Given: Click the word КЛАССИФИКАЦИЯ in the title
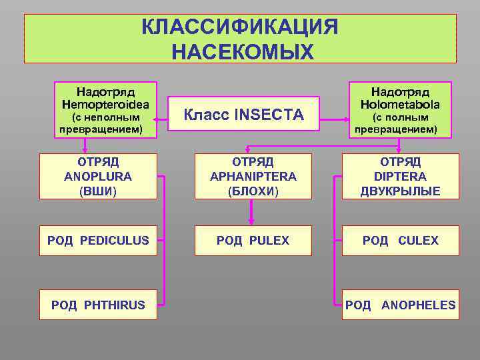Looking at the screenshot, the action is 240,28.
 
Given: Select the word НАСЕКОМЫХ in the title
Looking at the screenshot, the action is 241,51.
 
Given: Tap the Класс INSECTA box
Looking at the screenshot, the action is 243,115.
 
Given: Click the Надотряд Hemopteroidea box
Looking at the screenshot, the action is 105,109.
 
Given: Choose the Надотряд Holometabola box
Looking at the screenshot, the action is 400,109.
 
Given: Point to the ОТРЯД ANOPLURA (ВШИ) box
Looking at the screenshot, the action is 98,177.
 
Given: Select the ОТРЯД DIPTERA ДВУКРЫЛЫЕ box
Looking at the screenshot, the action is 400,177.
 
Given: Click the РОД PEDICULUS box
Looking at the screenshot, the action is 98,240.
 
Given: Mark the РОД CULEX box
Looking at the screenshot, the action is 400,240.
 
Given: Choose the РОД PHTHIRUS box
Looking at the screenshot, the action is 98,305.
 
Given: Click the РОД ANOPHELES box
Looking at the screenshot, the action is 400,305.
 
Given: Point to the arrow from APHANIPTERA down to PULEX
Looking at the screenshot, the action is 251,212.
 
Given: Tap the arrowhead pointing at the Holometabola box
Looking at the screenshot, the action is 347,121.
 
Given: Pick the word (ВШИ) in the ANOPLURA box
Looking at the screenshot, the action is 98,192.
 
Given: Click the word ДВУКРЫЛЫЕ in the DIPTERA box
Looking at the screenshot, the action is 400,192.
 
